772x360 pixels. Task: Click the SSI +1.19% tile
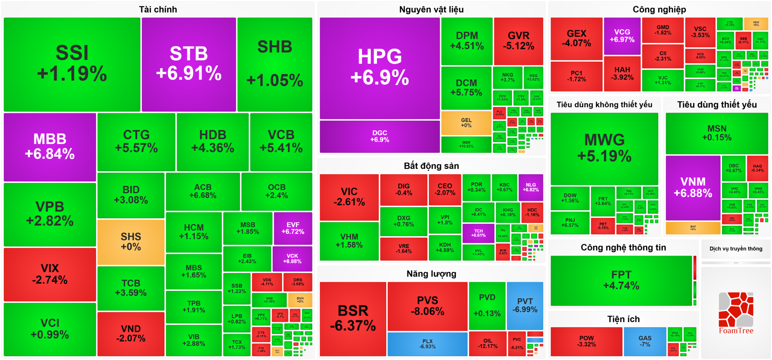(x=72, y=64)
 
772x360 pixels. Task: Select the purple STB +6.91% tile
(x=189, y=64)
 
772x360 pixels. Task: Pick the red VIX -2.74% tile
(x=50, y=274)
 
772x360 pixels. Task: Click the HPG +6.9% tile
(x=380, y=68)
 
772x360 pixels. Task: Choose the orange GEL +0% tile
(x=466, y=123)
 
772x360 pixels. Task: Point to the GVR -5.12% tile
(x=518, y=41)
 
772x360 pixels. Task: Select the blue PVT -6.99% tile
(x=525, y=305)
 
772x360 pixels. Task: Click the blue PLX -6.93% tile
(x=427, y=344)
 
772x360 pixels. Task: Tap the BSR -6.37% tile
(x=353, y=318)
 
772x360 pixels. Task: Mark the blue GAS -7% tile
(x=645, y=341)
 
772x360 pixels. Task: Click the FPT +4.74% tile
(x=621, y=280)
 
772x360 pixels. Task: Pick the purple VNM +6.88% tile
(x=693, y=188)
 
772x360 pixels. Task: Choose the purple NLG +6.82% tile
(x=531, y=187)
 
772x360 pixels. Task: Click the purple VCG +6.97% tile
(x=622, y=36)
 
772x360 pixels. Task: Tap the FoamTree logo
(x=736, y=314)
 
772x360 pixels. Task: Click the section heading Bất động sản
(x=431, y=166)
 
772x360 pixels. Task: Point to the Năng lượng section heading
(x=431, y=274)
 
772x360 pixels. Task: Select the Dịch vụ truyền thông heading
(x=736, y=249)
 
